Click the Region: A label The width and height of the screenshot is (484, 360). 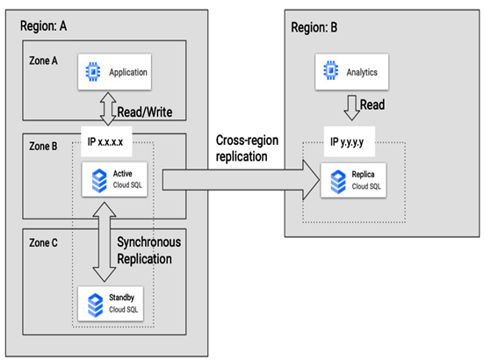tap(44, 26)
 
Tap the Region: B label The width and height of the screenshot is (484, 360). tap(314, 27)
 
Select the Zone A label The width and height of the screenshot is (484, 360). tap(43, 61)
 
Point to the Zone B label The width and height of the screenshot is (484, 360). tap(43, 147)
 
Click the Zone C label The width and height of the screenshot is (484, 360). tap(43, 242)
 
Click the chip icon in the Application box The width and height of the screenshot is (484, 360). tap(93, 72)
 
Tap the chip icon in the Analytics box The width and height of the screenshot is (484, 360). tap(330, 70)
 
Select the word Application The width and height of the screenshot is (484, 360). tap(128, 72)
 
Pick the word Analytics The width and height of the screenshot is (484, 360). tap(362, 72)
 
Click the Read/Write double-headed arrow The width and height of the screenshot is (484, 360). tap(108, 109)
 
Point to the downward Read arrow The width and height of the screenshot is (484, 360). tap(351, 108)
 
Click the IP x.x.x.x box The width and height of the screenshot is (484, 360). tap(106, 141)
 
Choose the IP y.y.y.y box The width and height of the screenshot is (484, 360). tap(350, 141)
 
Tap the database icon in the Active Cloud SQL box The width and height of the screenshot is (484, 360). tap(99, 181)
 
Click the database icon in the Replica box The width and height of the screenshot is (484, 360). tap(338, 182)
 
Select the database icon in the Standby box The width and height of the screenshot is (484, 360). tap(96, 306)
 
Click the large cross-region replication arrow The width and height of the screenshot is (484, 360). tap(241, 180)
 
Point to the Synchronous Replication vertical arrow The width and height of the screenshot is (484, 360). tap(105, 242)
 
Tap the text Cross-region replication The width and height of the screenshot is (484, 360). tap(247, 148)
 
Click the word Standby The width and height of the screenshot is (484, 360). tap(121, 298)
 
